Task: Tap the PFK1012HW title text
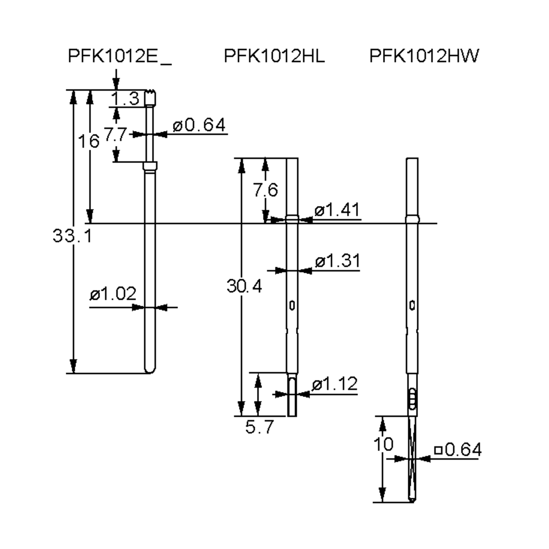point(424,56)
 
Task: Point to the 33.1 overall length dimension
point(73,236)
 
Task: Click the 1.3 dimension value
point(125,99)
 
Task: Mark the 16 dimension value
point(89,141)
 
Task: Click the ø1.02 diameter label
point(113,294)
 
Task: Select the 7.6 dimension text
point(265,190)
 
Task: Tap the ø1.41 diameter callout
point(337,210)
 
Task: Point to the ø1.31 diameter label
point(338,261)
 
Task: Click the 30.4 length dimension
point(244,286)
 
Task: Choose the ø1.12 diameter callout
point(334,384)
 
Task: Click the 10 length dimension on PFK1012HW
point(383,444)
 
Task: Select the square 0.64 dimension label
point(458,449)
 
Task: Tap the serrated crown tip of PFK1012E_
point(151,92)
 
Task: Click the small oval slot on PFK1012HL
point(292,305)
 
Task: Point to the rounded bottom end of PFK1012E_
point(150,371)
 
